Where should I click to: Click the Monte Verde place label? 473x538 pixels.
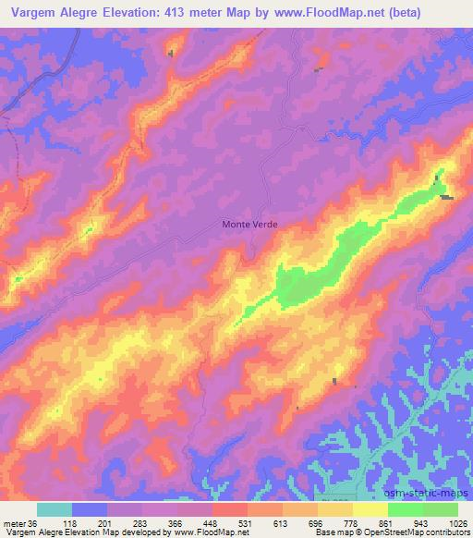tap(249, 223)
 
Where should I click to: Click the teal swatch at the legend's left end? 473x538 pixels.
tap(55, 509)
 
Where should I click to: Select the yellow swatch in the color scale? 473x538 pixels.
tap(370, 509)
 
